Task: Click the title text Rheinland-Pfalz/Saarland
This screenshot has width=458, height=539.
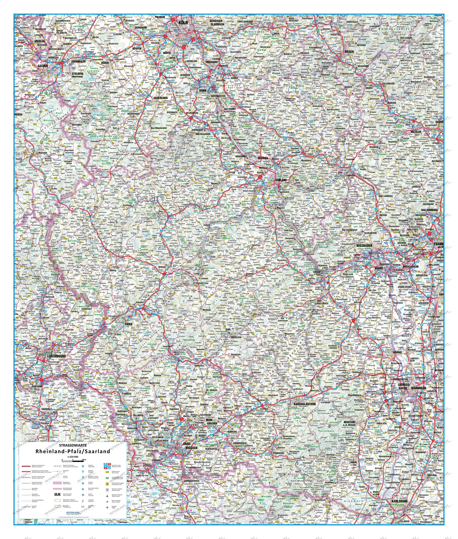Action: point(73,451)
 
